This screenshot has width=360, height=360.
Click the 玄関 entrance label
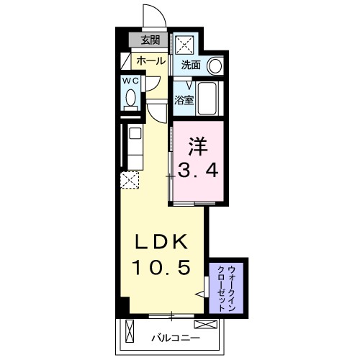149,41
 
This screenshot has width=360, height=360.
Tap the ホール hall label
149,60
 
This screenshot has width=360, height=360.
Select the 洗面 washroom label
191,65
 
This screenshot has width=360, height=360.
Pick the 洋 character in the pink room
198,145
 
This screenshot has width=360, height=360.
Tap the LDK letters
161,242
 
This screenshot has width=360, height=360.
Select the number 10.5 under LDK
161,268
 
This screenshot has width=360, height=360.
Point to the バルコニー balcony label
175,337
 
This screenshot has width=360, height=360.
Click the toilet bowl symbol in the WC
130,101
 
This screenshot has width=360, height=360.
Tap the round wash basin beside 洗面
215,66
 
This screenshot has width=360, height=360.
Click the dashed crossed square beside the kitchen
130,180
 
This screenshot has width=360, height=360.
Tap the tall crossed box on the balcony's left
129,334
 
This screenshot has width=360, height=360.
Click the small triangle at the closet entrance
202,294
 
